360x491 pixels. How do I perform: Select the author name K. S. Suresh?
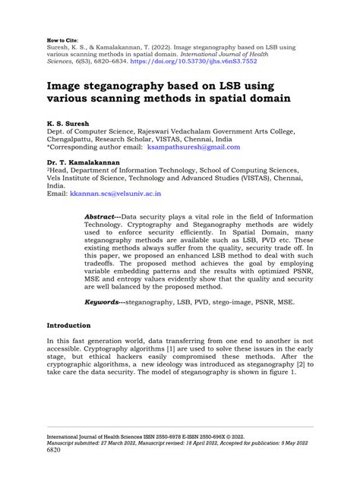69,121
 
